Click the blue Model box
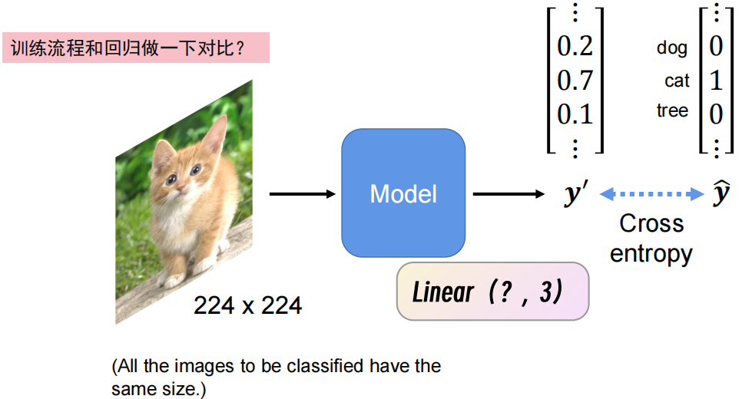tap(403, 193)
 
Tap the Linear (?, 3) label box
tap(492, 292)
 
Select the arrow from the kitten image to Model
tap(304, 193)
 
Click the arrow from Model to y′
tap(508, 193)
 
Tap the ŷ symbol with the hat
tap(721, 193)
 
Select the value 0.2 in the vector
tap(575, 47)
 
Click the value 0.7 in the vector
tap(575, 80)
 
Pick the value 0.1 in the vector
tap(575, 114)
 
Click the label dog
tap(672, 48)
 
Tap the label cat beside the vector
tap(677, 81)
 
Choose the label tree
tap(672, 111)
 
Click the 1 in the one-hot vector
tap(715, 80)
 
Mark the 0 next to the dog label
tap(715, 47)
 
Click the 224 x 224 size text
tap(247, 306)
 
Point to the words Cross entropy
tap(651, 238)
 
